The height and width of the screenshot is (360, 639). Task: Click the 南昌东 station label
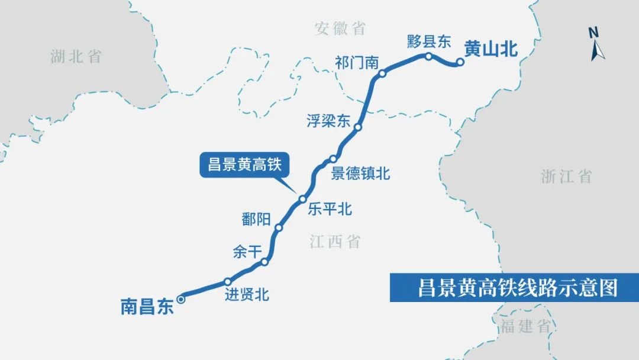(147, 307)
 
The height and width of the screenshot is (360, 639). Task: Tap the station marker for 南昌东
(181, 300)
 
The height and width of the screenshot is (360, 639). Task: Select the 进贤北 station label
(247, 294)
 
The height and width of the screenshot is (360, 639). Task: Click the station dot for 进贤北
(228, 281)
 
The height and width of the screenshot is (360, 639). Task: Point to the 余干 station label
(247, 252)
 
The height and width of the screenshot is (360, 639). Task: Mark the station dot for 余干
(264, 262)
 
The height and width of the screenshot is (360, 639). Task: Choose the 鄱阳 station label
(256, 218)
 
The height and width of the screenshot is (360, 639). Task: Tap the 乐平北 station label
(330, 209)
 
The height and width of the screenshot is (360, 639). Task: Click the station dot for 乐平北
(302, 199)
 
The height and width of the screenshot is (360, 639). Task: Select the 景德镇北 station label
(360, 173)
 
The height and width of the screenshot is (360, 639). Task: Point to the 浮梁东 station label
(328, 121)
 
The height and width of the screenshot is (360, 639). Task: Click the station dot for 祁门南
(382, 74)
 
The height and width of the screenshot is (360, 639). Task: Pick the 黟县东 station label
(429, 41)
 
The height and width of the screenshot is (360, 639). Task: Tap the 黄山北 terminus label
(490, 50)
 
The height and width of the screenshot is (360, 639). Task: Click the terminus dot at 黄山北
(460, 62)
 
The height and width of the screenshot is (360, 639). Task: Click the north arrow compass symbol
(596, 44)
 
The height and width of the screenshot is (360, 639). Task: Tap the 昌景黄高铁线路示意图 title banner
(514, 288)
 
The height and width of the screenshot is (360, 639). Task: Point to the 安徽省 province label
(340, 28)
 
